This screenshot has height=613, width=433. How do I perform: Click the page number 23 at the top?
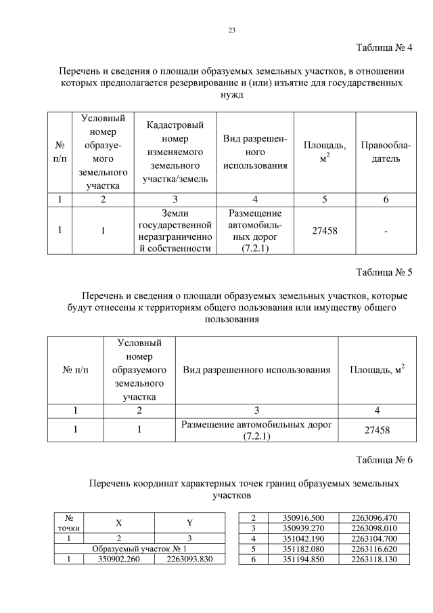click(x=232, y=30)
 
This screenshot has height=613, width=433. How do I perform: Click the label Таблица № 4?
click(x=384, y=47)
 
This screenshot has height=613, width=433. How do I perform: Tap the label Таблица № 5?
click(x=384, y=273)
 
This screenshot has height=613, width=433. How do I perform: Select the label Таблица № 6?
click(x=384, y=461)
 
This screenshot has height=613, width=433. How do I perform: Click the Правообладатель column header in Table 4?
click(x=386, y=152)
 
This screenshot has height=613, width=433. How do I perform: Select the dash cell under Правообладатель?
click(x=386, y=231)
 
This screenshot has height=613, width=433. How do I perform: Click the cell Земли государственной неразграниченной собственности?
click(x=175, y=231)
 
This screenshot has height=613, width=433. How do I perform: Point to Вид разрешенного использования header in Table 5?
click(x=256, y=370)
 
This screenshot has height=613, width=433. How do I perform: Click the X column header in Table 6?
click(x=119, y=522)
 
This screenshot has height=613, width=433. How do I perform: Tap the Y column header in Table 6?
click(x=190, y=522)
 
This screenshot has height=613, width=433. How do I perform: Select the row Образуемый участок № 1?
click(x=139, y=548)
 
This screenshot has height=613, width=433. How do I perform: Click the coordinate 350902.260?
click(x=119, y=559)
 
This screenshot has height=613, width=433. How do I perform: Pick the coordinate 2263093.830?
click(x=189, y=559)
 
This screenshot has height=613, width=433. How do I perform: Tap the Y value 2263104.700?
click(x=374, y=538)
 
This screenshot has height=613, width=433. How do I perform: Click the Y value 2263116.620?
click(x=374, y=549)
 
